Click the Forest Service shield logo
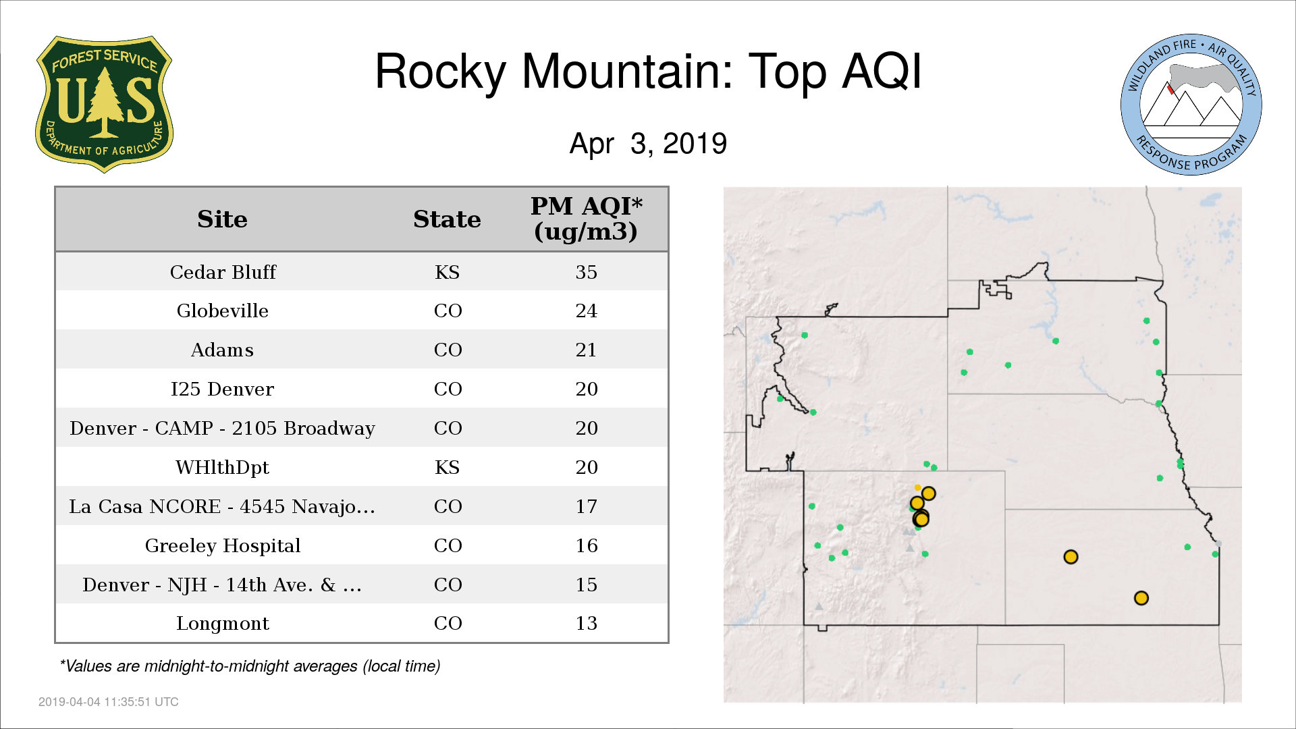pos(104,104)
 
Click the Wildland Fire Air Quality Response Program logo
pos(1191,105)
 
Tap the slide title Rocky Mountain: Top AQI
pos(648,71)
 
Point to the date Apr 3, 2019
pos(648,144)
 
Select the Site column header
pos(223,219)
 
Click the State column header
pos(447,219)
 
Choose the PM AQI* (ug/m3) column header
pos(586,219)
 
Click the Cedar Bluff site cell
pos(223,272)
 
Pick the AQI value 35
pos(587,272)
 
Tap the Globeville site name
pos(223,311)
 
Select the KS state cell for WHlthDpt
pos(448,467)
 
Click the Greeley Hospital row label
pos(223,545)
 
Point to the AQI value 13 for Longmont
pos(587,623)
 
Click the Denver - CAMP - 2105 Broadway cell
pos(223,429)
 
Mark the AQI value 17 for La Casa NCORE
pos(587,506)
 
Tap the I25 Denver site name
pos(223,389)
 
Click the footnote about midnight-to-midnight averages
pos(250,666)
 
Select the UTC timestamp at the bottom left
pos(109,702)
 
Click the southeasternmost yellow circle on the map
pos(1141,598)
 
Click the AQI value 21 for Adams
pos(587,350)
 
